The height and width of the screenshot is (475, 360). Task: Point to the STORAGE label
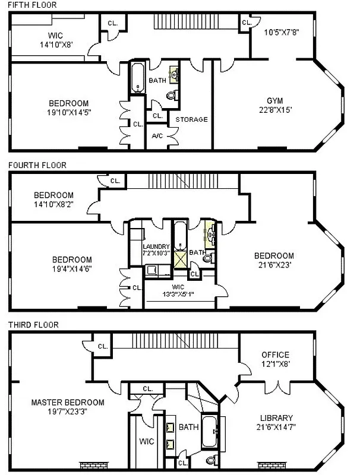pos(191,119)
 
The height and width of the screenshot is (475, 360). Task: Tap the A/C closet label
pos(157,135)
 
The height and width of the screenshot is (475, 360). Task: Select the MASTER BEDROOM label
pos(67,402)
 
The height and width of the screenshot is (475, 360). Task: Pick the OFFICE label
pos(274,354)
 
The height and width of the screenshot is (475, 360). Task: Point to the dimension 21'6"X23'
pos(273,265)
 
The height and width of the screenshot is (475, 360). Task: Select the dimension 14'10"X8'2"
pos(53,204)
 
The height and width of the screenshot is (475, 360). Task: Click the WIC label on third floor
pos(146,442)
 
